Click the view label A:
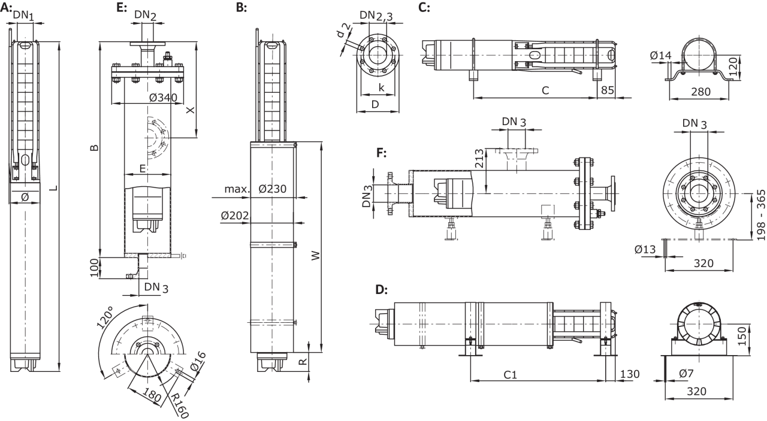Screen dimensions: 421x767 7,7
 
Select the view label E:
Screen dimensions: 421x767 122,7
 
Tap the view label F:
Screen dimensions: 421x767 381,153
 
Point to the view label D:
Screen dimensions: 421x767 381,290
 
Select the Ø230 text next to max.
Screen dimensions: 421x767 273,189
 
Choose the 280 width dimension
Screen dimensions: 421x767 700,92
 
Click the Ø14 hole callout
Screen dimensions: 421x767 660,57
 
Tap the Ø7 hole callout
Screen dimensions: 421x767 687,374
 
